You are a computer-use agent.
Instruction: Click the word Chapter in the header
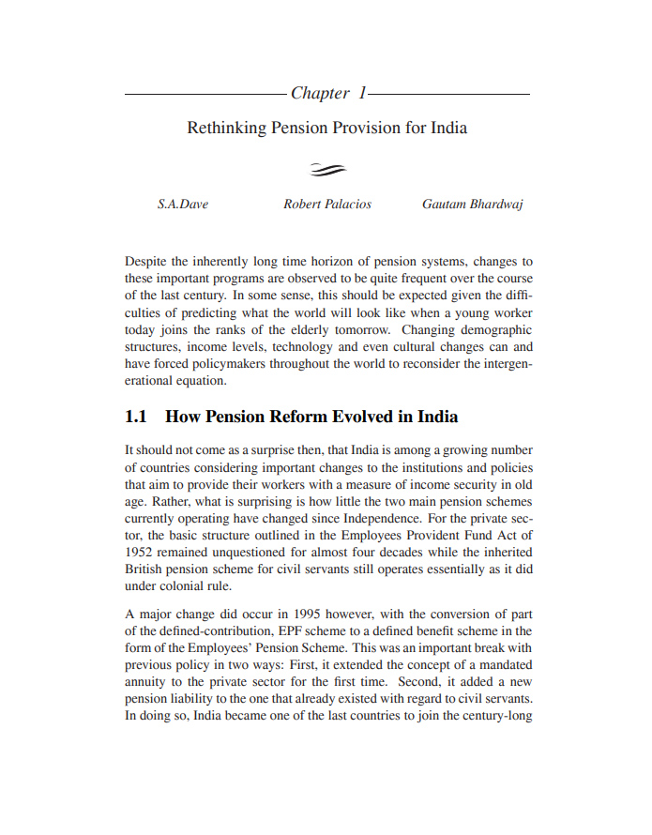pos(320,93)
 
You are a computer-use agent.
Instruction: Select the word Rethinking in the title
pos(226,128)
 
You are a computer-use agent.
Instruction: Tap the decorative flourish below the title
pos(327,169)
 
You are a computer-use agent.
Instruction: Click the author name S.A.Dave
pos(182,205)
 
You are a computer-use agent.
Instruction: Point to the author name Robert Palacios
pos(327,205)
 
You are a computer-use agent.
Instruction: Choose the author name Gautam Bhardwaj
pos(473,205)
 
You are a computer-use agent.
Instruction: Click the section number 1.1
pos(137,417)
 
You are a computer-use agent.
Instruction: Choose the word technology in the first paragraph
pos(307,347)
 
